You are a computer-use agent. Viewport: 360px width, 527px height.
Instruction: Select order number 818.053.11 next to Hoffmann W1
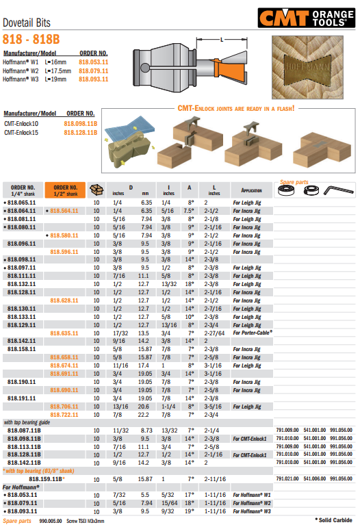pos(94,62)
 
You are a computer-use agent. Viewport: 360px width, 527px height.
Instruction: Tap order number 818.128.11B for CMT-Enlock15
pos(81,132)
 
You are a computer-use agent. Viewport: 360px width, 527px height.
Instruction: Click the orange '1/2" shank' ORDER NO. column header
pos(66,190)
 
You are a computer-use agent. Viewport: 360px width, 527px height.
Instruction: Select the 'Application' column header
pos(247,190)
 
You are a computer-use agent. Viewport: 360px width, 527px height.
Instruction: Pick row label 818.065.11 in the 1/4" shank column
pos(21,203)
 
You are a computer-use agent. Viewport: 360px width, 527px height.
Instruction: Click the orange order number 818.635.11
pos(65,333)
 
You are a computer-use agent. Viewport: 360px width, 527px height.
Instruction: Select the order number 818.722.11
pos(65,415)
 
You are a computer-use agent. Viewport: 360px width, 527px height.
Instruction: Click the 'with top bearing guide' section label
pos(27,423)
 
